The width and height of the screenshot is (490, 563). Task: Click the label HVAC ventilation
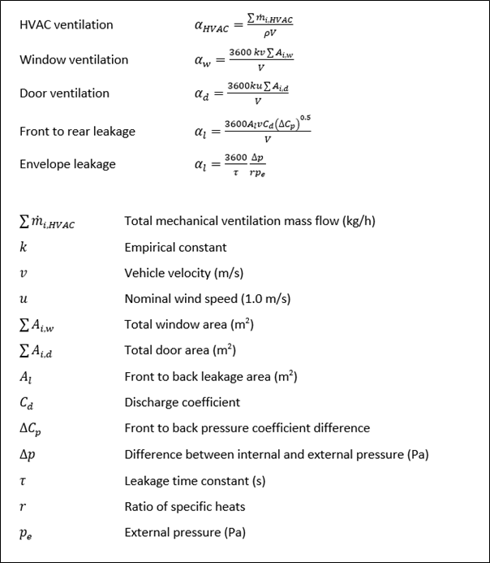[67, 25]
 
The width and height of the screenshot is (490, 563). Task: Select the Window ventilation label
[74, 59]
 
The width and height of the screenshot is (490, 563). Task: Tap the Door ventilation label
[64, 93]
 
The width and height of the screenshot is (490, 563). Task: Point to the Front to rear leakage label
[77, 131]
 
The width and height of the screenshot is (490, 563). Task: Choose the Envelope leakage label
[67, 164]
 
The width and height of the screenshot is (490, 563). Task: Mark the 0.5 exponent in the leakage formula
[304, 118]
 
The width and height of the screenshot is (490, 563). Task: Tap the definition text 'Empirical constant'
[175, 247]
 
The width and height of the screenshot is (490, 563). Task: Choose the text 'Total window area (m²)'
[189, 325]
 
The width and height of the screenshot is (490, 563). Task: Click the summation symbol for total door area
[24, 351]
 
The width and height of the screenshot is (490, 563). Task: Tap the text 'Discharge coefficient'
[182, 402]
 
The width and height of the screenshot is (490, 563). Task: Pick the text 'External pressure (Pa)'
[184, 533]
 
